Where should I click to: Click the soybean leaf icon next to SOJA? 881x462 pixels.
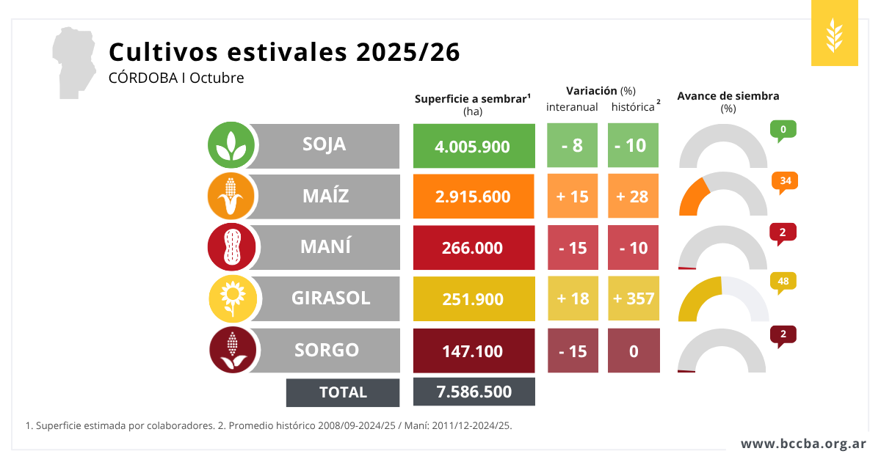tap(232, 145)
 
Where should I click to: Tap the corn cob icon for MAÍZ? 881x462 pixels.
tap(232, 197)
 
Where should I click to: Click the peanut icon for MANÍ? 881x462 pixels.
tap(232, 247)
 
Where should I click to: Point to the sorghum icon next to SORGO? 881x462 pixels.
tap(232, 351)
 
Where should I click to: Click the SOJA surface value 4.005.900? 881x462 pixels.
tap(474, 146)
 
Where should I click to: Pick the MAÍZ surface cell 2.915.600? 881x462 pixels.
tap(474, 197)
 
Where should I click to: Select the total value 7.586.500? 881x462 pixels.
tap(474, 392)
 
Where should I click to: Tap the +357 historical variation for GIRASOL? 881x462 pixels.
tap(633, 299)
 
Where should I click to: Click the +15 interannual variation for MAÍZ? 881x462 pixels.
tap(573, 197)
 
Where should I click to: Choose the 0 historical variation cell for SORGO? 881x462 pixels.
tap(633, 351)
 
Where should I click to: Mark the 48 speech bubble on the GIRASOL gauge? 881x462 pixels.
tap(783, 282)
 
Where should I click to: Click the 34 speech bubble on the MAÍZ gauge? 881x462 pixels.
tap(784, 181)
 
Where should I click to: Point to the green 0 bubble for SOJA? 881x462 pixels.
tap(783, 131)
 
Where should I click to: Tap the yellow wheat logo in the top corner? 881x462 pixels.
tap(834, 34)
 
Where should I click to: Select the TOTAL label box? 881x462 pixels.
tap(343, 392)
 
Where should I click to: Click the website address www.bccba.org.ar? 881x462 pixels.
tap(802, 444)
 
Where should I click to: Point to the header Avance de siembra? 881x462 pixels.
tap(728, 96)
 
